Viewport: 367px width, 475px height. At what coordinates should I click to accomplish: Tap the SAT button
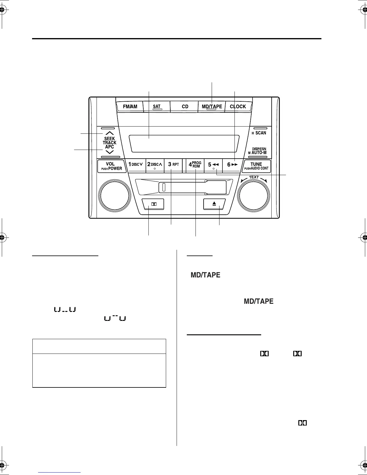(x=157, y=107)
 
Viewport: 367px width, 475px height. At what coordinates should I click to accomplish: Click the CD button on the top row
(x=185, y=107)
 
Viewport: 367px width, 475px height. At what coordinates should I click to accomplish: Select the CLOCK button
(x=238, y=107)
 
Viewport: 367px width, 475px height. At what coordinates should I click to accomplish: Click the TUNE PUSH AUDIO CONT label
(x=256, y=166)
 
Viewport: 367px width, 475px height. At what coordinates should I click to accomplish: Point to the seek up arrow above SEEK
(x=110, y=133)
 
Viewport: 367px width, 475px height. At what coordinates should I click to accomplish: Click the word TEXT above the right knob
(x=254, y=177)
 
